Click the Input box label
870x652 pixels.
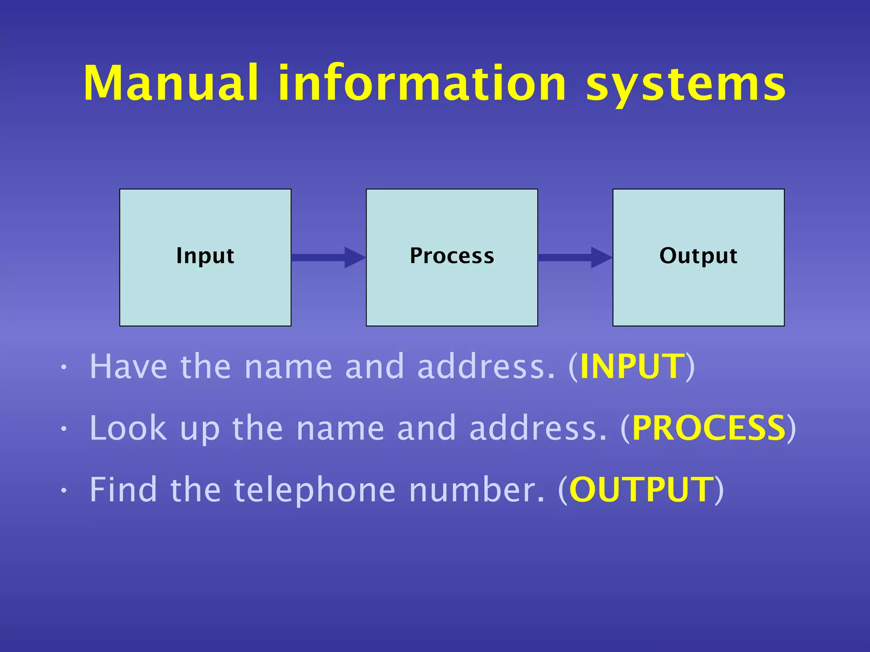(205, 256)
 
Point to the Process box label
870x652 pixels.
(452, 256)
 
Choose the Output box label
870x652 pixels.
(698, 256)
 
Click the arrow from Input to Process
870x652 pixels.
(328, 258)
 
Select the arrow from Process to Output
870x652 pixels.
(575, 258)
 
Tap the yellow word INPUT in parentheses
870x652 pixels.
(632, 366)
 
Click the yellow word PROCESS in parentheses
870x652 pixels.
(709, 428)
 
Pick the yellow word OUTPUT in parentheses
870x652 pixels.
(641, 489)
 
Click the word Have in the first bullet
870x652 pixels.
(128, 366)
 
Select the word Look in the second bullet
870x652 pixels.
(128, 428)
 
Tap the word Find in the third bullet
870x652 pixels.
(123, 489)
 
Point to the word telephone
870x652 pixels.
(315, 489)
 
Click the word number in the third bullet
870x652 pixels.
(476, 489)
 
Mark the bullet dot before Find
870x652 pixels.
(63, 491)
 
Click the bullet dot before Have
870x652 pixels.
(63, 368)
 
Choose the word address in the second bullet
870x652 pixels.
(538, 428)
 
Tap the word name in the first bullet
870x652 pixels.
(288, 366)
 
